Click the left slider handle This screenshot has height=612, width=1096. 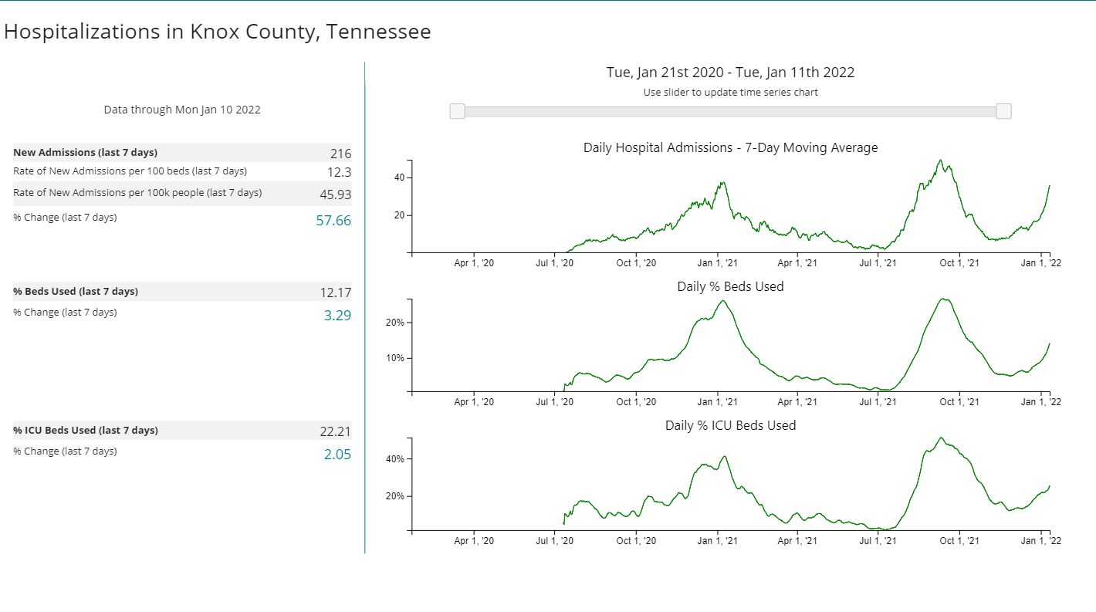(x=458, y=111)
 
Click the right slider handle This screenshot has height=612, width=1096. (x=1003, y=111)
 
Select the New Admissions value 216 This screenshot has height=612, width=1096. (x=340, y=154)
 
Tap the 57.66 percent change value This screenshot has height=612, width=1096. (x=333, y=221)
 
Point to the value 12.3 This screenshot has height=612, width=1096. (x=339, y=172)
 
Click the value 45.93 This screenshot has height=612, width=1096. (x=336, y=194)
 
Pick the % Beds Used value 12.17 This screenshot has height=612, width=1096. (x=336, y=292)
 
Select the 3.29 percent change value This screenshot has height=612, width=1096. (x=337, y=315)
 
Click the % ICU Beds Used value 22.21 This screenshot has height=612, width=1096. (x=336, y=431)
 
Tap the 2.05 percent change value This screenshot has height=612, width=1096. (x=337, y=455)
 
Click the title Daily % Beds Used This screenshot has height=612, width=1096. (x=730, y=286)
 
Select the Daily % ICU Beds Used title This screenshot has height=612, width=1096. (x=730, y=425)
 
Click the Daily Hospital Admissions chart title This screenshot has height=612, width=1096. (x=730, y=147)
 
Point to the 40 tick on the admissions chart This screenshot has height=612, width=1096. (x=400, y=178)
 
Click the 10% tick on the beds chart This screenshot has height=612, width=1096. (x=394, y=358)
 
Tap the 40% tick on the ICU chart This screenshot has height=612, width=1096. (x=394, y=459)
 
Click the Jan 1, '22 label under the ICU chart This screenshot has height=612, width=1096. (x=1040, y=541)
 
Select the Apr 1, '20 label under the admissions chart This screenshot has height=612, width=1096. (x=474, y=263)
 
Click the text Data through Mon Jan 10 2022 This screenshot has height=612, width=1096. (x=182, y=110)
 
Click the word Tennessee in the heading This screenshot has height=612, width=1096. (x=378, y=32)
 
